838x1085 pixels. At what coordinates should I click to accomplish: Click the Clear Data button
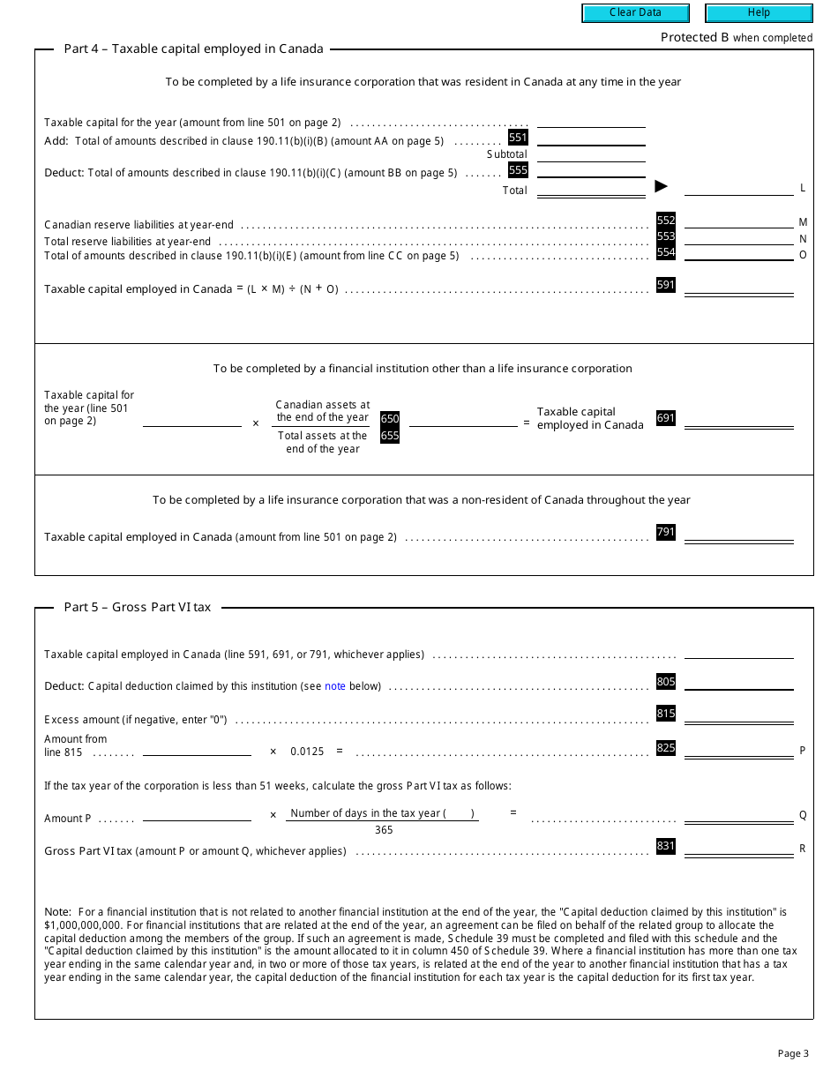[634, 13]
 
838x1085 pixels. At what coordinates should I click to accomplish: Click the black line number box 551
[518, 138]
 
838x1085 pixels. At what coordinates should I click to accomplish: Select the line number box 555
[518, 170]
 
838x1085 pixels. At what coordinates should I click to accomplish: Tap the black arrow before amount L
[661, 186]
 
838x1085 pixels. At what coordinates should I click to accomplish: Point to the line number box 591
[666, 285]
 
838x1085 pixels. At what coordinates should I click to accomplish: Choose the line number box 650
[390, 419]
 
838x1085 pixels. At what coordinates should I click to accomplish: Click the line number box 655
[390, 436]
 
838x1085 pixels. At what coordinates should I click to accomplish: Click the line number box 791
[666, 532]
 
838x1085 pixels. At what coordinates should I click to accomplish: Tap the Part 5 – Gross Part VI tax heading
[138, 607]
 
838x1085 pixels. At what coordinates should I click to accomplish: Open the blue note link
[335, 686]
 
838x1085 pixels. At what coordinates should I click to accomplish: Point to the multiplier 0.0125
[307, 752]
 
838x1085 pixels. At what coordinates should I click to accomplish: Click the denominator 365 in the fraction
[384, 830]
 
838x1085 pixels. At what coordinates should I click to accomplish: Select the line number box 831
[666, 847]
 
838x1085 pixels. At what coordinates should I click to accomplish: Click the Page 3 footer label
[793, 1053]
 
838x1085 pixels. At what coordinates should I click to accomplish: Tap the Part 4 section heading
[193, 49]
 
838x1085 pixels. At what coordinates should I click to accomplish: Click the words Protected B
[694, 37]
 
